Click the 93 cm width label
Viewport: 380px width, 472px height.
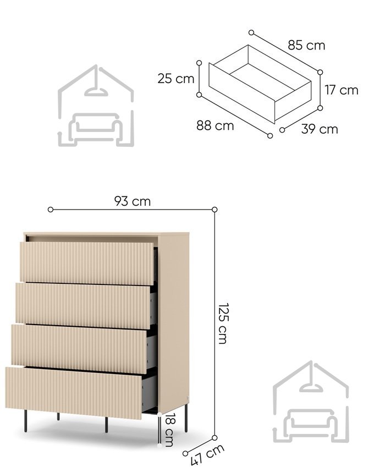133,201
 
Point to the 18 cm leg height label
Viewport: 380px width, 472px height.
169,430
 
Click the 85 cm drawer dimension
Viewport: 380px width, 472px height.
306,46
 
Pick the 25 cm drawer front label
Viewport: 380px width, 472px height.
176,79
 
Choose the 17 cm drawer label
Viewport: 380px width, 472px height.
342,90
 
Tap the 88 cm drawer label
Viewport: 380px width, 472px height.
215,125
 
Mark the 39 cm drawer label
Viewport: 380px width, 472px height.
320,129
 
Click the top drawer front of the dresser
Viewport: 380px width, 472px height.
87,263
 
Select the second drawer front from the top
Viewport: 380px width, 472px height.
83,305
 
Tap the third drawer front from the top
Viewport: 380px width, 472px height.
79,349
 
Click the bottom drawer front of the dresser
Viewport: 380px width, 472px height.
74,393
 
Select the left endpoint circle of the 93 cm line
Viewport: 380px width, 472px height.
51,210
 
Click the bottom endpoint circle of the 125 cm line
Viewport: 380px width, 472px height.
214,437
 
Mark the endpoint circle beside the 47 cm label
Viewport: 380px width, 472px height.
185,454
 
